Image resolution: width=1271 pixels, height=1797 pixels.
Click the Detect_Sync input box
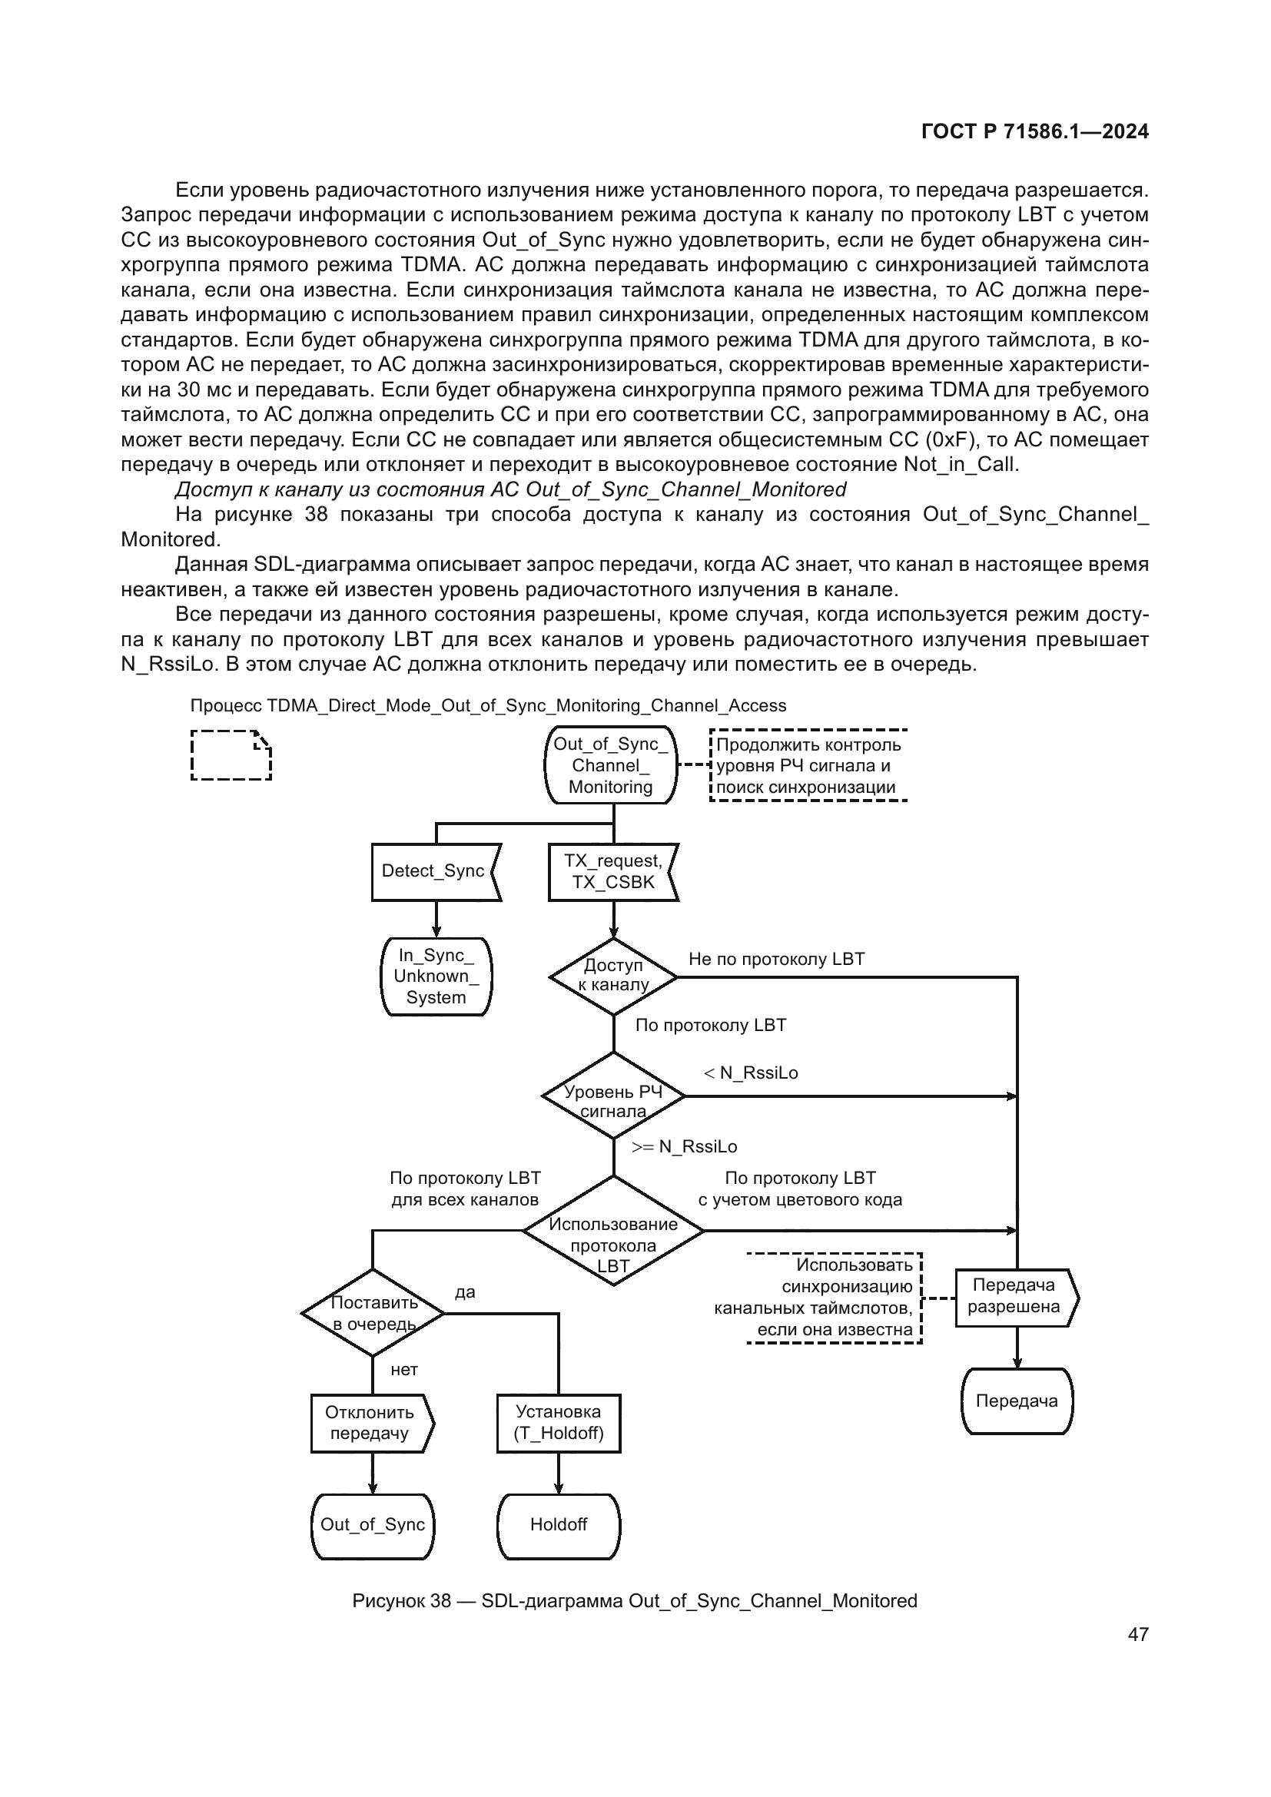point(434,871)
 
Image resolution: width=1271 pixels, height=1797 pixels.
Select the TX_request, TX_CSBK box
point(612,871)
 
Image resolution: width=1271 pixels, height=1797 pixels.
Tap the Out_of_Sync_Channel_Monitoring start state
point(610,764)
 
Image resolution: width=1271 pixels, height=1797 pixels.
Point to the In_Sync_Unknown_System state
point(436,976)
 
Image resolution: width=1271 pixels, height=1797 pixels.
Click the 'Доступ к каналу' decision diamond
point(612,976)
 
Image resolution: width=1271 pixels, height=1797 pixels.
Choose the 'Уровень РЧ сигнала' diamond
point(612,1096)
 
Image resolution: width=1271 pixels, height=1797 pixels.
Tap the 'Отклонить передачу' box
point(371,1423)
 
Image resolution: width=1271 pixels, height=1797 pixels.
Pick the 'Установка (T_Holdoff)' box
point(558,1423)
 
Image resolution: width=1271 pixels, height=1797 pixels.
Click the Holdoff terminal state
point(558,1523)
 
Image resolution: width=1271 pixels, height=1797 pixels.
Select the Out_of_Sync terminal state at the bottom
point(372,1523)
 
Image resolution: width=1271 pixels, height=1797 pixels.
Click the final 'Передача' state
point(1017,1401)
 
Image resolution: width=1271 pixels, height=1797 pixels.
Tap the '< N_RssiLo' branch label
point(751,1073)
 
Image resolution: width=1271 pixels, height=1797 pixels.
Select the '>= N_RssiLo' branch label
point(684,1146)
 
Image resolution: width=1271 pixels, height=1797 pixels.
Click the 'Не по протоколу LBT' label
point(776,959)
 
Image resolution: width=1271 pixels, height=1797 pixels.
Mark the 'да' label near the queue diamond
point(465,1292)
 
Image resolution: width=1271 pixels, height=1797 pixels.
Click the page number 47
point(1138,1635)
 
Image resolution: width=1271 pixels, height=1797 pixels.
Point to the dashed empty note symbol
point(231,755)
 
